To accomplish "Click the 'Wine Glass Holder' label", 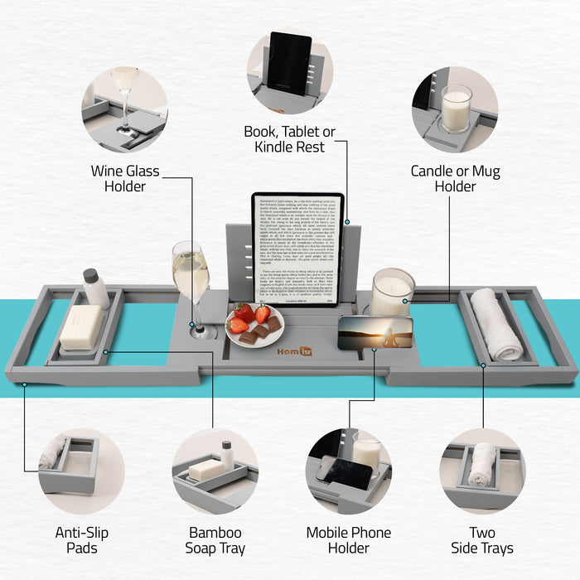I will [x=125, y=179].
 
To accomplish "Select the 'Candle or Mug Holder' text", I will [x=455, y=179].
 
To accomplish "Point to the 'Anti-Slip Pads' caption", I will [x=81, y=540].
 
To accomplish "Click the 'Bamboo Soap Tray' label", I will [x=215, y=540].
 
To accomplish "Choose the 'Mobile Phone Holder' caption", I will [x=348, y=540].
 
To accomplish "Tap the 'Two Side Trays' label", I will [x=482, y=540].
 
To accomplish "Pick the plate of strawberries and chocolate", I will [x=254, y=326].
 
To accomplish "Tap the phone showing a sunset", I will [x=375, y=333].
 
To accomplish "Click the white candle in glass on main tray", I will [x=391, y=292].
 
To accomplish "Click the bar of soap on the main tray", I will [x=80, y=327].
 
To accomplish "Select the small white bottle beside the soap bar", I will [x=95, y=288].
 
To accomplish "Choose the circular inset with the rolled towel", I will [x=482, y=469].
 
